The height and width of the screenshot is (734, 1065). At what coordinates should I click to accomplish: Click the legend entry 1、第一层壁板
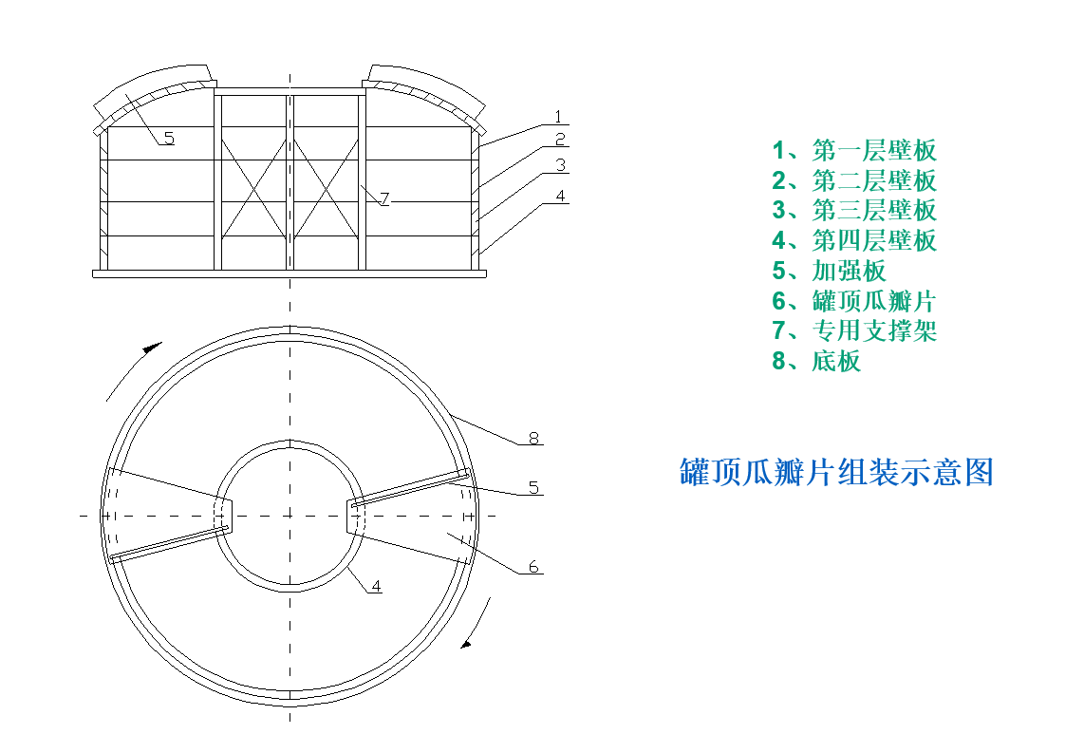[853, 150]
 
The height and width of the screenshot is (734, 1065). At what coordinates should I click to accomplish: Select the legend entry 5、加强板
[829, 271]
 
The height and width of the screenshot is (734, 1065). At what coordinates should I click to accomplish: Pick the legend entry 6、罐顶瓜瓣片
[853, 301]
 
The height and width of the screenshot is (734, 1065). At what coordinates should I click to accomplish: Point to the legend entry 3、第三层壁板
[853, 211]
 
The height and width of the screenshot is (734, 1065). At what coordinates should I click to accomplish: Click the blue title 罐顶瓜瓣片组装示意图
[836, 472]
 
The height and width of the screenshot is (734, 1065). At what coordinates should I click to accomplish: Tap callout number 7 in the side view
[383, 199]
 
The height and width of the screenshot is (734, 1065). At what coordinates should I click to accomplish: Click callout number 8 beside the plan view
[533, 438]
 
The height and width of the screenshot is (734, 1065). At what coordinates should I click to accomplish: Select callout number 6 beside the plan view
[533, 567]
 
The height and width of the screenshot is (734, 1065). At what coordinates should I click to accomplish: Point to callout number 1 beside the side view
[559, 117]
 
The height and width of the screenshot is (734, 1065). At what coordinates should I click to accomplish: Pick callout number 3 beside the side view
[561, 165]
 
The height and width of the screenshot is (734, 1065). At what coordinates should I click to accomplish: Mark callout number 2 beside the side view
[561, 140]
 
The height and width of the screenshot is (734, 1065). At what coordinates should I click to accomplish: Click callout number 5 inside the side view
[169, 139]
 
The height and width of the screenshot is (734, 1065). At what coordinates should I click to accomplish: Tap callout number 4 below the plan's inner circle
[376, 586]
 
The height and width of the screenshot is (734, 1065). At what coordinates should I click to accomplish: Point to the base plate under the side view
[290, 273]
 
